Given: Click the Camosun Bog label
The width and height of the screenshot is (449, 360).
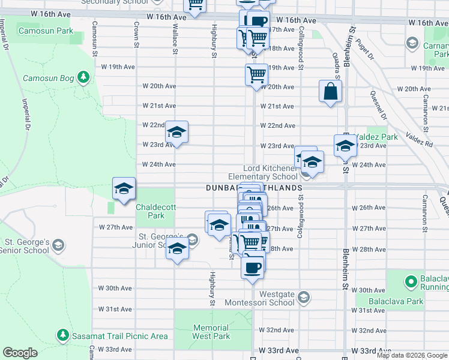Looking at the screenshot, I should click(48, 78).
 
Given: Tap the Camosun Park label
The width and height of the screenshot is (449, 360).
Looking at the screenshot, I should click(46, 30).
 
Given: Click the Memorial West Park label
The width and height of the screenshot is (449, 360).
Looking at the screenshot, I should click(211, 332).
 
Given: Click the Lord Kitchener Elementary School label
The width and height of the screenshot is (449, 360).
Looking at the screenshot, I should click(262, 173).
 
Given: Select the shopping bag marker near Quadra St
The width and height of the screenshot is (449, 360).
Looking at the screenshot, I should click(330, 92).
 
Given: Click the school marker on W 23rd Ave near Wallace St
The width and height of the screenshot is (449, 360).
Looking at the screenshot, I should click(176, 132).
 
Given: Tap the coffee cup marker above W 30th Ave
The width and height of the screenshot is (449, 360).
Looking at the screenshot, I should click(253, 266).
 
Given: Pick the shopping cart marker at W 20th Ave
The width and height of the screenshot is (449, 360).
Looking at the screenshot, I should click(256, 75).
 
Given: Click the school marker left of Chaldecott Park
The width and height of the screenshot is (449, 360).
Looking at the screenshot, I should click(124, 190).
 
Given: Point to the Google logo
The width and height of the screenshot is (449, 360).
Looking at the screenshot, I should click(20, 353).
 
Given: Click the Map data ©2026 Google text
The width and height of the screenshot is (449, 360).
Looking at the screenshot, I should click(412, 355).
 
